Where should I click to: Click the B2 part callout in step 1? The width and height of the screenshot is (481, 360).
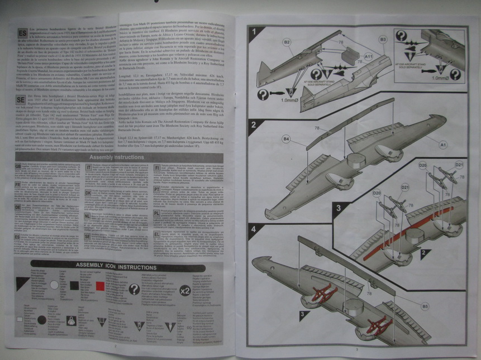pos(286,42)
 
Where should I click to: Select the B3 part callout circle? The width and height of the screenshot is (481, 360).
pos(383,40)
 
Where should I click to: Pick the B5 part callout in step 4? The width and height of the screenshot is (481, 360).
pos(425,306)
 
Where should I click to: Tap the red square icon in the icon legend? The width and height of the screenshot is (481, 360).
pos(101,286)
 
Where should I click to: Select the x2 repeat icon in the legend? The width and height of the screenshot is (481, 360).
pos(185,290)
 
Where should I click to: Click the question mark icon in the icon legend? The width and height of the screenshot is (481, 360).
pos(134,289)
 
